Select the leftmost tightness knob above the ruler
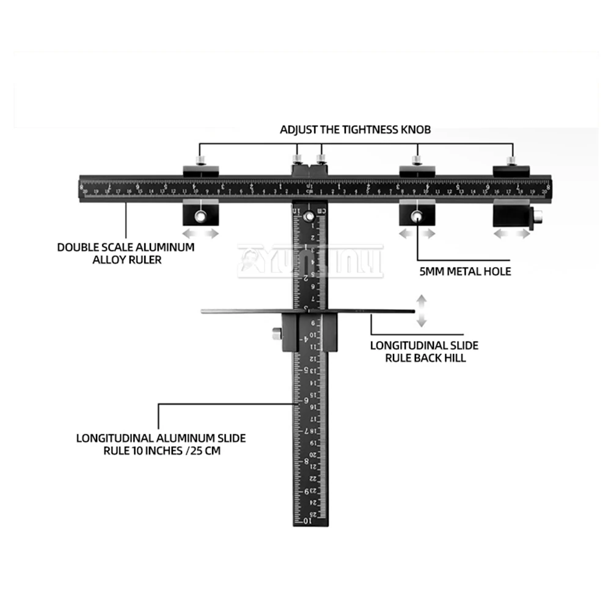coord(199,161)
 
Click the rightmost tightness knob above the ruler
coord(512,161)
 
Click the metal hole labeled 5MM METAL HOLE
coord(417,216)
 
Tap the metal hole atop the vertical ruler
coord(311,216)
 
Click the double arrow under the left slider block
coord(200,234)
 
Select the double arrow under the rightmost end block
coord(512,234)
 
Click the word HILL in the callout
coord(454,357)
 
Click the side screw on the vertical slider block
coord(276,334)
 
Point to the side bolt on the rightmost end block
coord(538,216)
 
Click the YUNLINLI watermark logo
coord(310,261)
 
